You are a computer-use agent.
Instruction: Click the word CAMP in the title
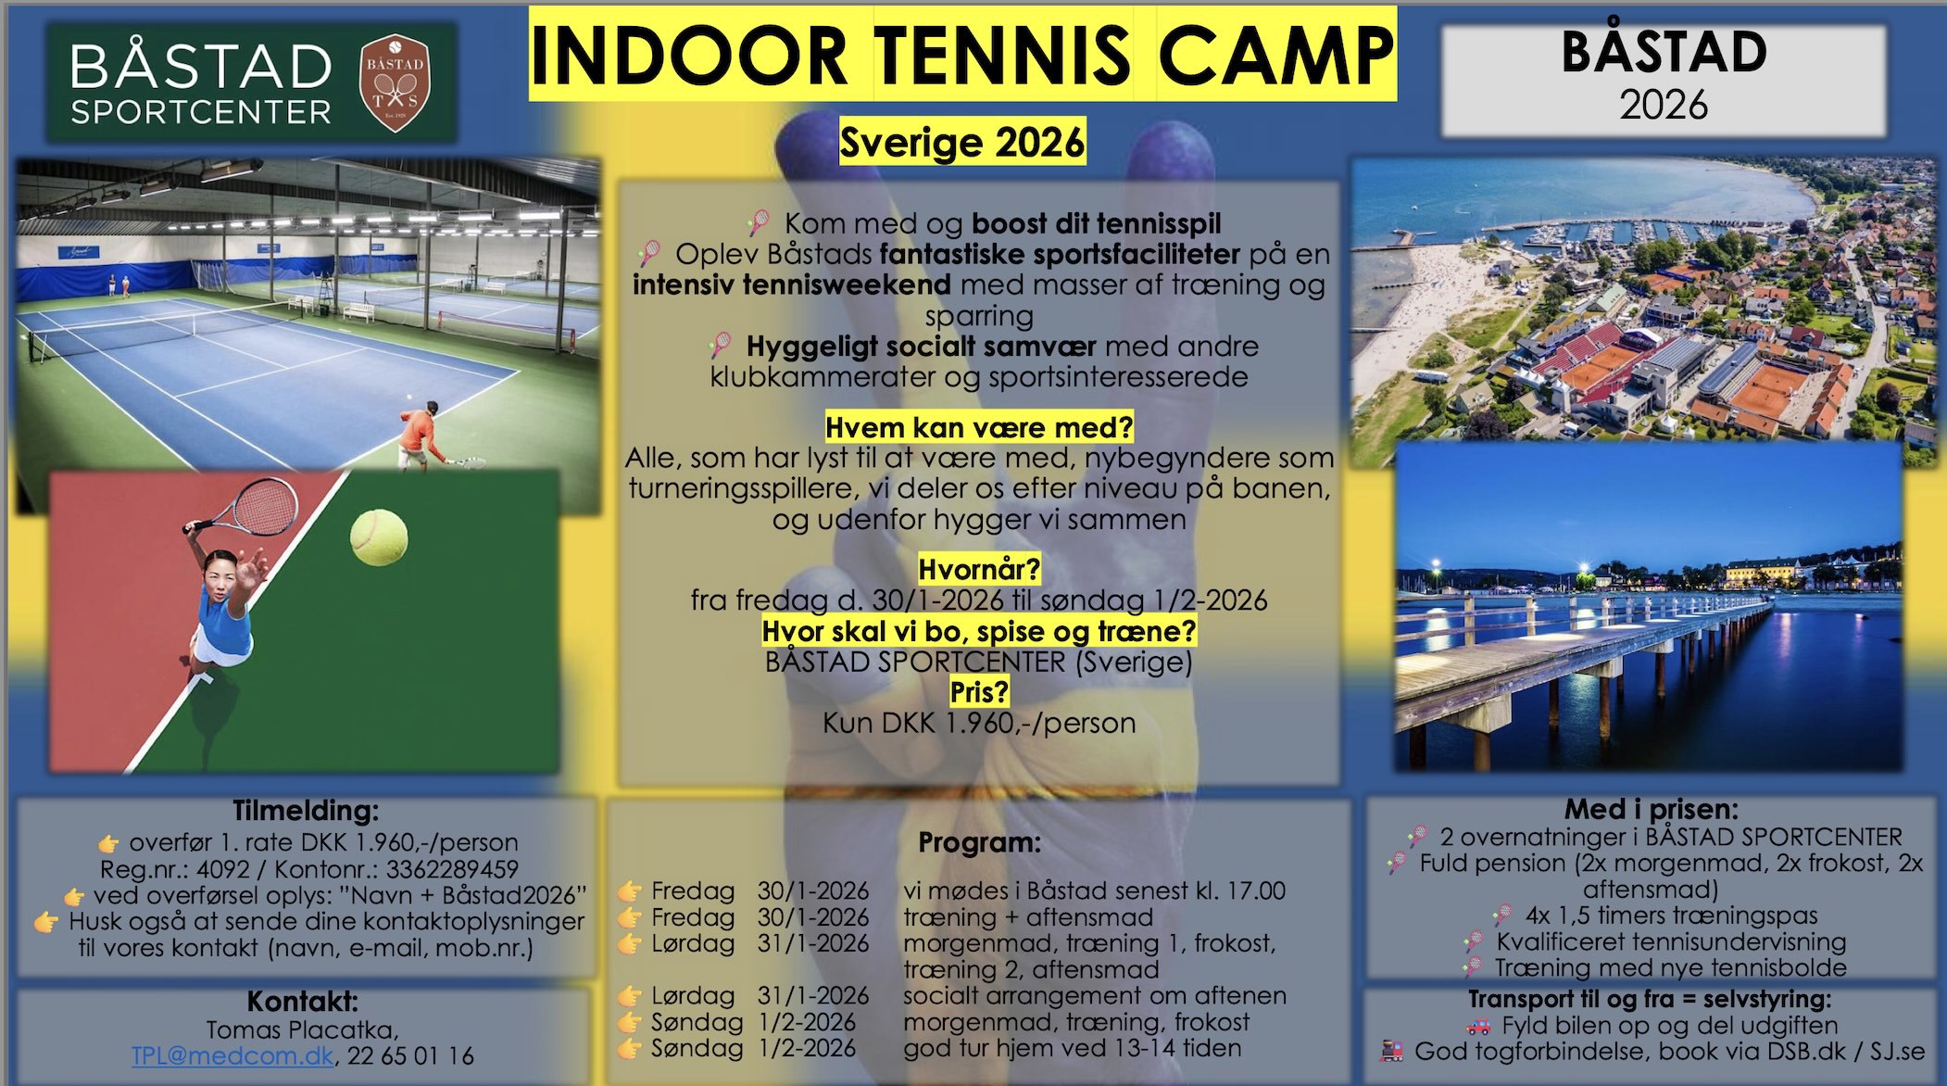[1275, 55]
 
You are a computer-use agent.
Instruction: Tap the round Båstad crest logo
[395, 82]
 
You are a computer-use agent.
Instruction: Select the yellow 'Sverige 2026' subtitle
[962, 142]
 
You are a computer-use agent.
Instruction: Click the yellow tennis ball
[379, 537]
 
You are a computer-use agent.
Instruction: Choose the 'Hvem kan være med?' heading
[979, 427]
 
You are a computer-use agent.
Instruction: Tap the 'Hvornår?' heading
[979, 568]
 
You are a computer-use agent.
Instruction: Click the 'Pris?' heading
[979, 692]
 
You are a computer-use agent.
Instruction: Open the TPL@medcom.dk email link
[232, 1055]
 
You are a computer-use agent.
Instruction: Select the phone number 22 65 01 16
[410, 1055]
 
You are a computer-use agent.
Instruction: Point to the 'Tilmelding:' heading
[306, 811]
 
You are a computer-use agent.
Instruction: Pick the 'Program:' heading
[979, 843]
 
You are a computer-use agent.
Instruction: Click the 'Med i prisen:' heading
[1652, 809]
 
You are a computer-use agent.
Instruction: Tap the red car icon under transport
[1478, 1027]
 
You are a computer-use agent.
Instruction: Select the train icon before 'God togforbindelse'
[1392, 1052]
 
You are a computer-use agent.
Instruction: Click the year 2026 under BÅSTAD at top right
[1664, 105]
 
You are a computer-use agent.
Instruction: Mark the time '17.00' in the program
[1257, 890]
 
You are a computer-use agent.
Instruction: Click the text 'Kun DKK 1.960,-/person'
[979, 723]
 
